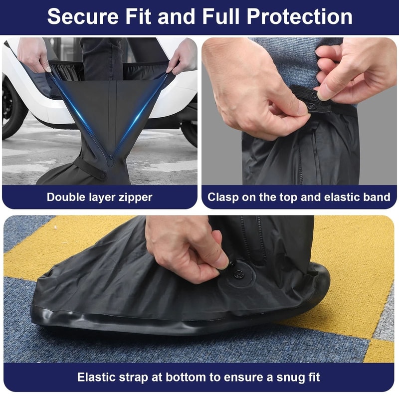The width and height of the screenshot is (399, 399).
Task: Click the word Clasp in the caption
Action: coord(222,197)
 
